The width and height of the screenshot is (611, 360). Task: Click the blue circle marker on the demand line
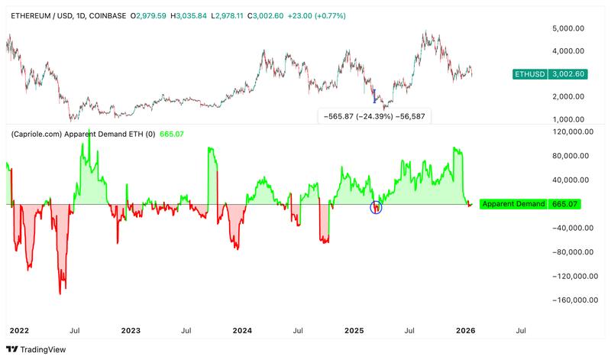click(375, 206)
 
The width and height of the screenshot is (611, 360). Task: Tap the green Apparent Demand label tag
click(513, 204)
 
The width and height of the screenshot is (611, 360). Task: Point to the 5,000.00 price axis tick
click(567, 28)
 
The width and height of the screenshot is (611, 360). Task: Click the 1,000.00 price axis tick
click(567, 119)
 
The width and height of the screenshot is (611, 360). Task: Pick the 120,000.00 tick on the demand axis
click(566, 131)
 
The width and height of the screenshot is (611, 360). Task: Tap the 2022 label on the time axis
click(19, 330)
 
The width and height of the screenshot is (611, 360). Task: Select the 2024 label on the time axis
click(242, 330)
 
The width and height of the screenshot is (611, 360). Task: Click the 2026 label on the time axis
click(465, 330)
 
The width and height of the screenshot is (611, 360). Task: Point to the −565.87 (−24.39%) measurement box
click(373, 117)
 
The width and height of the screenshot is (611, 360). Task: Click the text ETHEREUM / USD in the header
click(37, 15)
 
